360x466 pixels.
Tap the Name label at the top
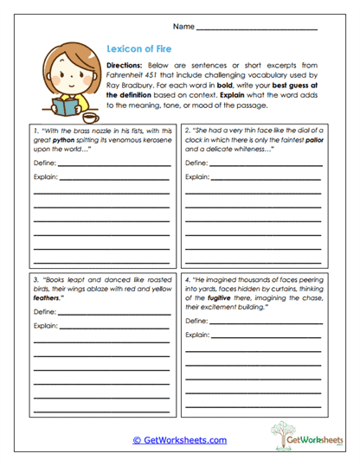click(x=183, y=28)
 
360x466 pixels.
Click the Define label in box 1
click(x=44, y=163)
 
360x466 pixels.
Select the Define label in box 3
click(x=44, y=311)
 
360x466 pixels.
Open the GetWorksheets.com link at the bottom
click(x=179, y=439)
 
